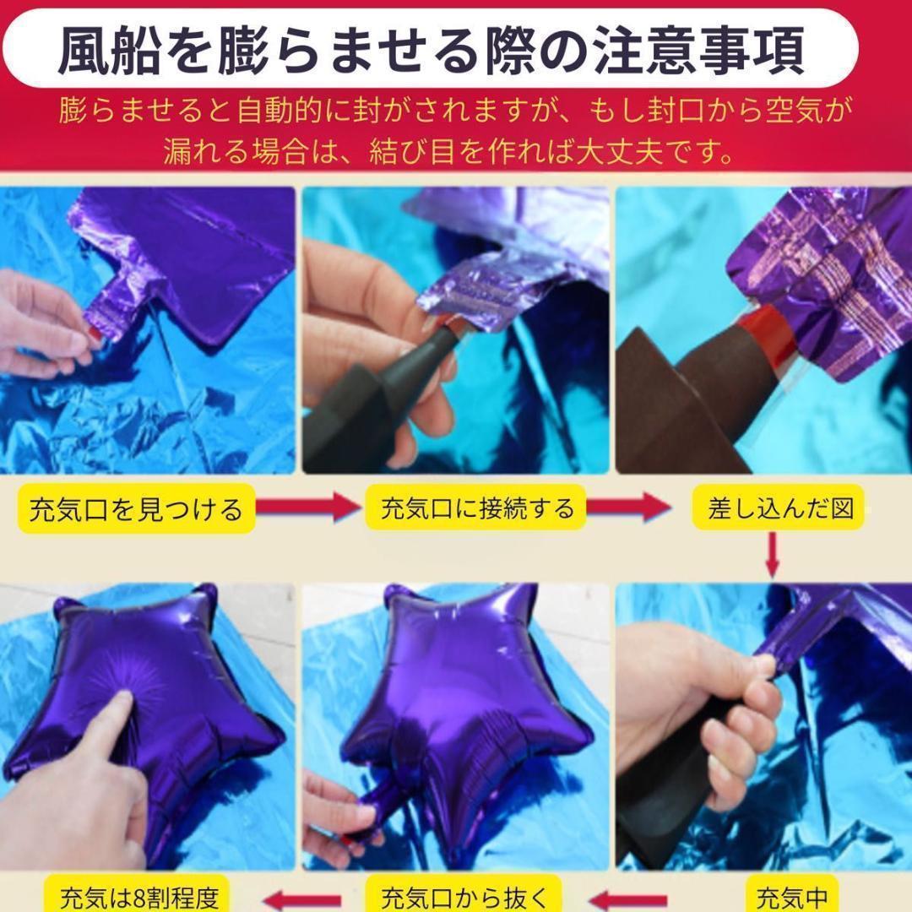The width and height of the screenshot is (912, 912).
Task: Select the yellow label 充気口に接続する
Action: tap(475, 508)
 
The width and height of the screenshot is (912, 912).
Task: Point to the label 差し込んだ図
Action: tap(779, 508)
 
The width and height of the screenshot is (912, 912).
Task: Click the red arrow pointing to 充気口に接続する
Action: tap(309, 507)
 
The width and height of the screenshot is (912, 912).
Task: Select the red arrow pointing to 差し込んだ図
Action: tap(629, 507)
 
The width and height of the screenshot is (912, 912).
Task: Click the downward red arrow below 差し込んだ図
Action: tap(772, 556)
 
